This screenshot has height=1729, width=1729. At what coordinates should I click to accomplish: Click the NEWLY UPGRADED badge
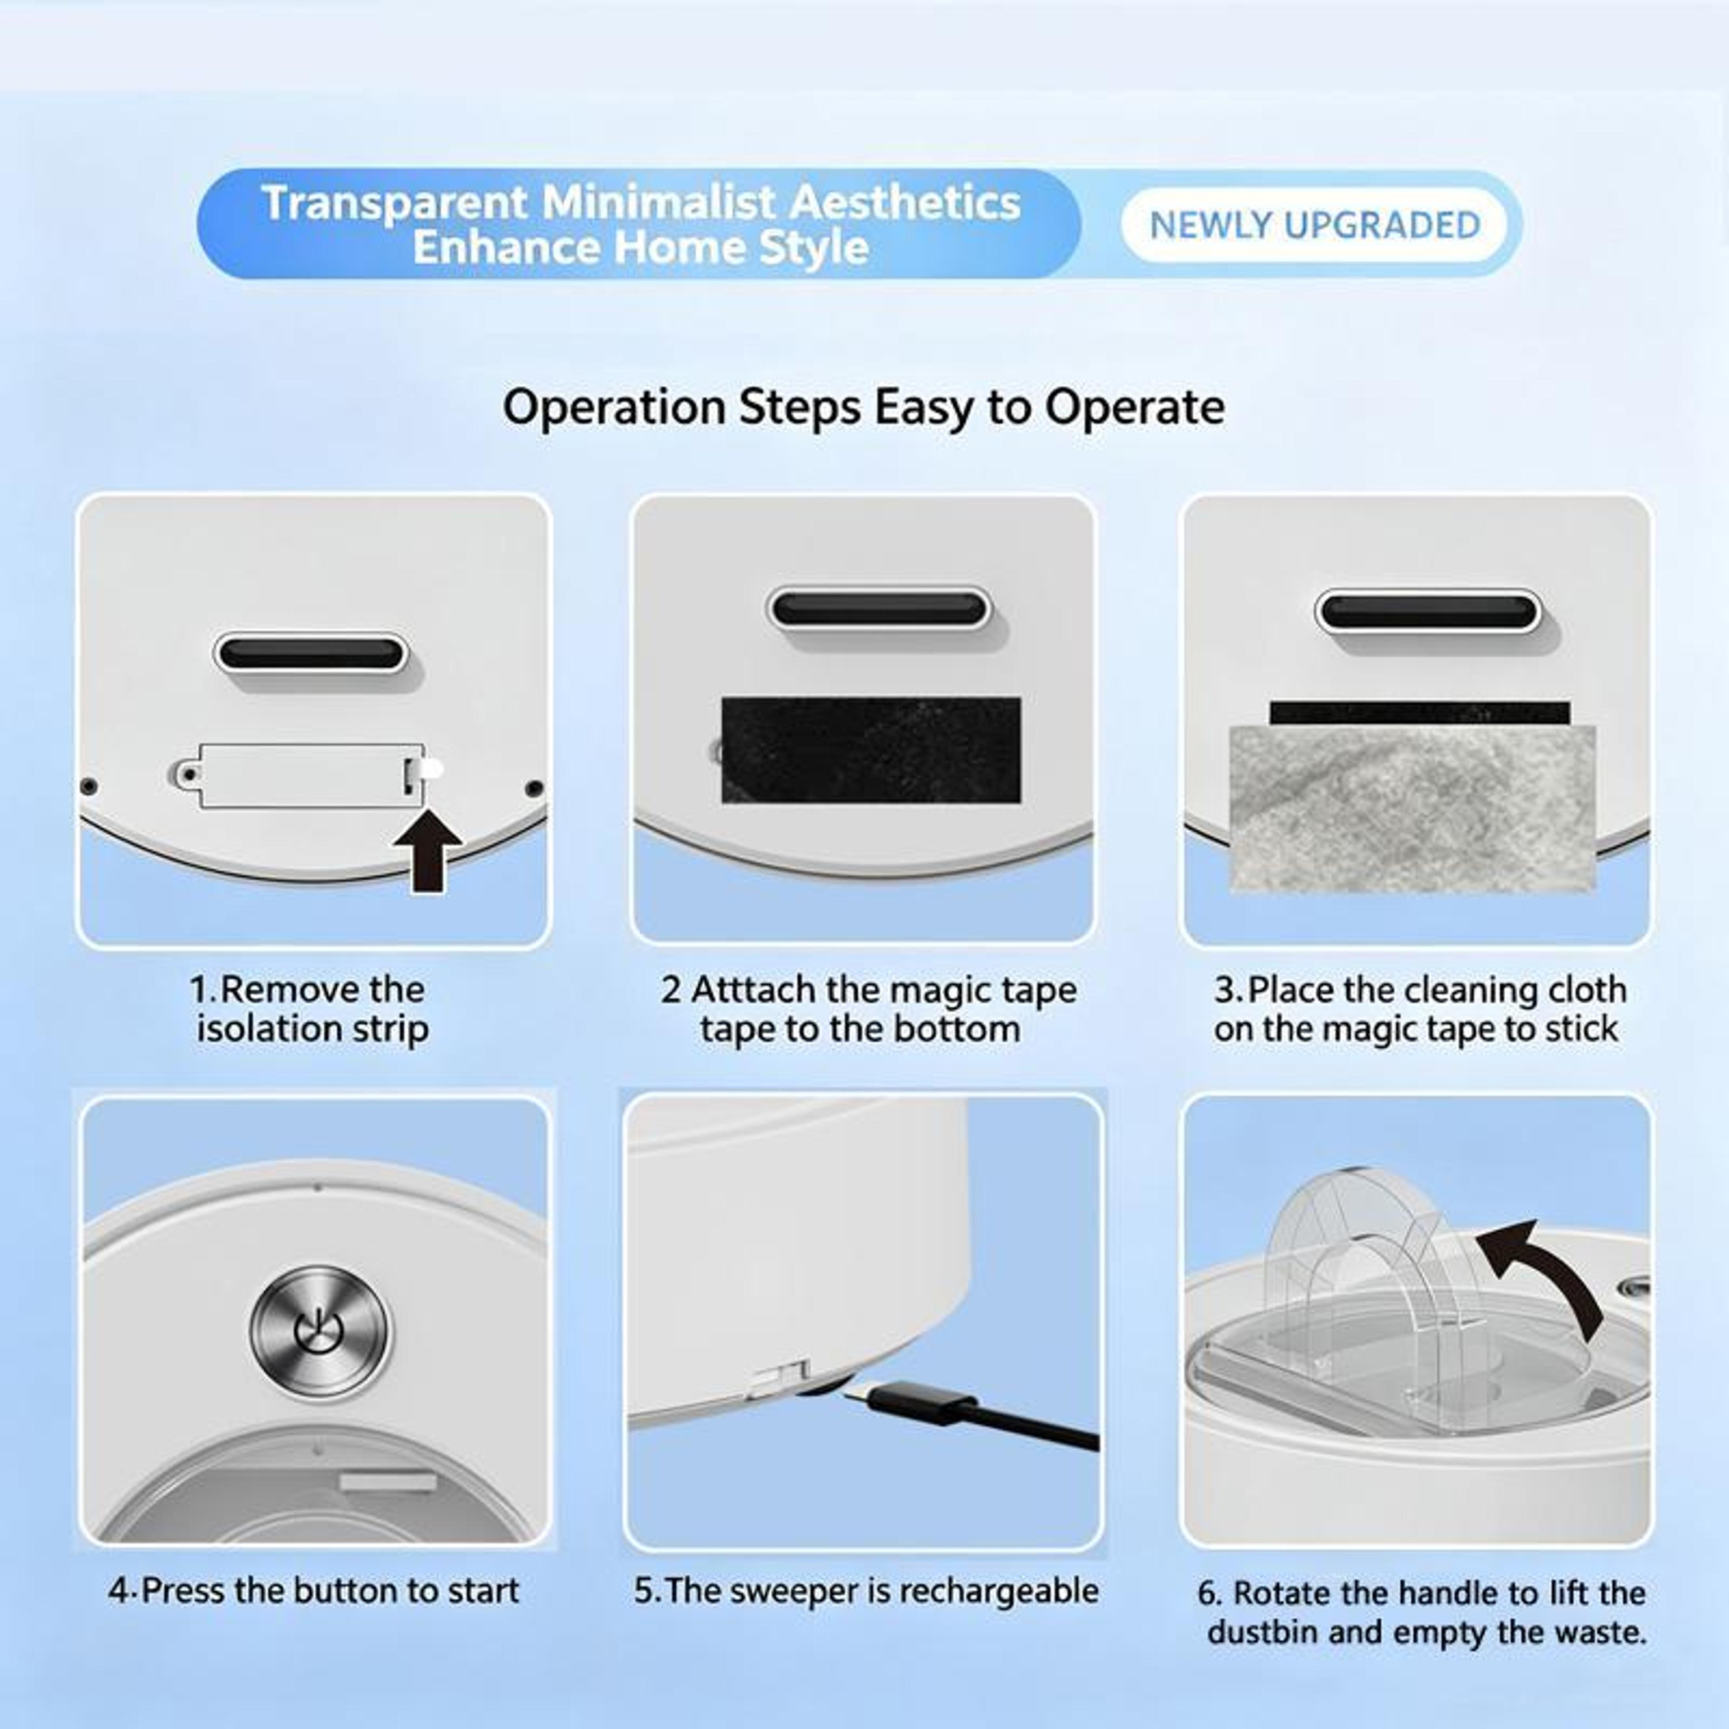tap(1315, 225)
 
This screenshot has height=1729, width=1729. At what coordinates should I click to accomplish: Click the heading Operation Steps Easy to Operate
tap(864, 407)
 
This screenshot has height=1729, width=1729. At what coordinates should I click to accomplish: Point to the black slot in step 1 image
tap(311, 653)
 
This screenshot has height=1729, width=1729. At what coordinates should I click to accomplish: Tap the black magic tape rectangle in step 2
tap(871, 750)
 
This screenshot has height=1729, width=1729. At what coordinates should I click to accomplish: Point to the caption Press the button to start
tap(313, 1590)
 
